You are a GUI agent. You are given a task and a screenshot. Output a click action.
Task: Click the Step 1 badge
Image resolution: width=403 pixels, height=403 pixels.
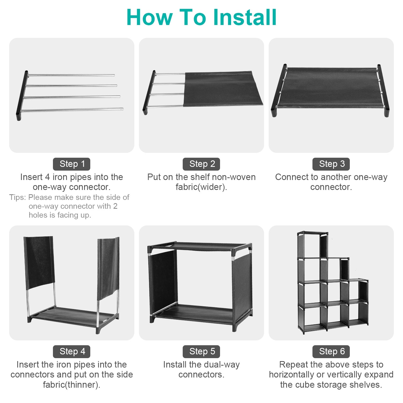point(72,164)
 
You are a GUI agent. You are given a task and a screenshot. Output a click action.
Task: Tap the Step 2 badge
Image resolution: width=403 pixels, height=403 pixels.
point(201,164)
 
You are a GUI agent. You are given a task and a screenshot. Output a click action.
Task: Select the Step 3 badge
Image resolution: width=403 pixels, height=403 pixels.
point(331,164)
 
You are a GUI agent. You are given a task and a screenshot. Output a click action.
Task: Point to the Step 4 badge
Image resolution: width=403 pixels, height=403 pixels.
point(72,351)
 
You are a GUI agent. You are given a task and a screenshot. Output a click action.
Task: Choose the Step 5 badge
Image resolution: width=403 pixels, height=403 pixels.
point(201,351)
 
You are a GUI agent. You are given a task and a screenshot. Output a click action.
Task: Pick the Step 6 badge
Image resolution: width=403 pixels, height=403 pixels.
point(331,351)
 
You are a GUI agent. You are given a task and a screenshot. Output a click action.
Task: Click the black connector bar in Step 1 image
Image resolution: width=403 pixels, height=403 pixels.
point(22,96)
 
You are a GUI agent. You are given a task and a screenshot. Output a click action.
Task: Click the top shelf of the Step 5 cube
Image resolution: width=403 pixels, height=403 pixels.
point(200,246)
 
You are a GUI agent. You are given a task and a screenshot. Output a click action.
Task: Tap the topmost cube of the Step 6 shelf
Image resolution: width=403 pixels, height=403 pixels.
point(312,245)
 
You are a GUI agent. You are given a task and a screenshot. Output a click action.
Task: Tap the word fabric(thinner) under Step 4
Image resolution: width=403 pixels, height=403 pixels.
point(72,385)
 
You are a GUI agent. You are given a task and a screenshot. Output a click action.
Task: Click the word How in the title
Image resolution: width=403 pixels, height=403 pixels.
point(149,17)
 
